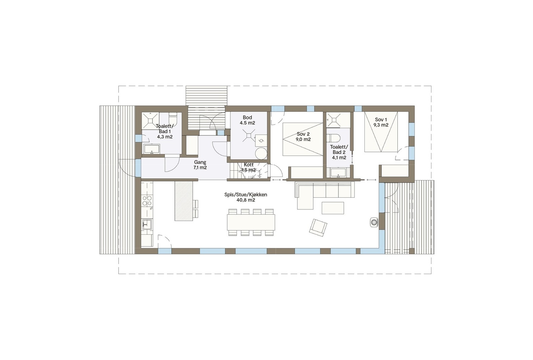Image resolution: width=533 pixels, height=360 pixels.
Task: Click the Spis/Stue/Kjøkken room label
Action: pyautogui.click(x=246, y=195)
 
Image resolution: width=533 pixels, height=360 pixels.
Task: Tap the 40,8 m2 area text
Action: pyautogui.click(x=246, y=200)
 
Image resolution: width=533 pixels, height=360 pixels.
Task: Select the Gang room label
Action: pyautogui.click(x=200, y=162)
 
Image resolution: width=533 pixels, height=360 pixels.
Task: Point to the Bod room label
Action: pyautogui.click(x=247, y=117)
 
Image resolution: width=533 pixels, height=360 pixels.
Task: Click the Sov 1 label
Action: pyautogui.click(x=381, y=120)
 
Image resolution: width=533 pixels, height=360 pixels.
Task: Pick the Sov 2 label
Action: pyautogui.click(x=303, y=134)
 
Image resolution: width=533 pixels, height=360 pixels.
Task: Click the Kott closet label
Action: pyautogui.click(x=249, y=165)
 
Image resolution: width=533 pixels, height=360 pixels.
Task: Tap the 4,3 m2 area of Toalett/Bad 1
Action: pyautogui.click(x=165, y=137)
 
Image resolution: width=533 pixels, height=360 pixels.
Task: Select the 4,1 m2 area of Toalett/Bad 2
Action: pyautogui.click(x=339, y=158)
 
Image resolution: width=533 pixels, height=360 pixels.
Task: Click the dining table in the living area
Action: pyautogui.click(x=251, y=222)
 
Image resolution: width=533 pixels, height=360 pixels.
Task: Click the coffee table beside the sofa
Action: pyautogui.click(x=332, y=208)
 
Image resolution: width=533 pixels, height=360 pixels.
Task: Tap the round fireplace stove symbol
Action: pyautogui.click(x=374, y=222)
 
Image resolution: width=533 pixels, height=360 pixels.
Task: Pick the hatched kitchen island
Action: pyautogui.click(x=184, y=201)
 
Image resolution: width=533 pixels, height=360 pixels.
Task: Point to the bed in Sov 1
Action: pyautogui.click(x=381, y=132)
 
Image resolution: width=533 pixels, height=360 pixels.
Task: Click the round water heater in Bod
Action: pyautogui.click(x=261, y=154)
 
